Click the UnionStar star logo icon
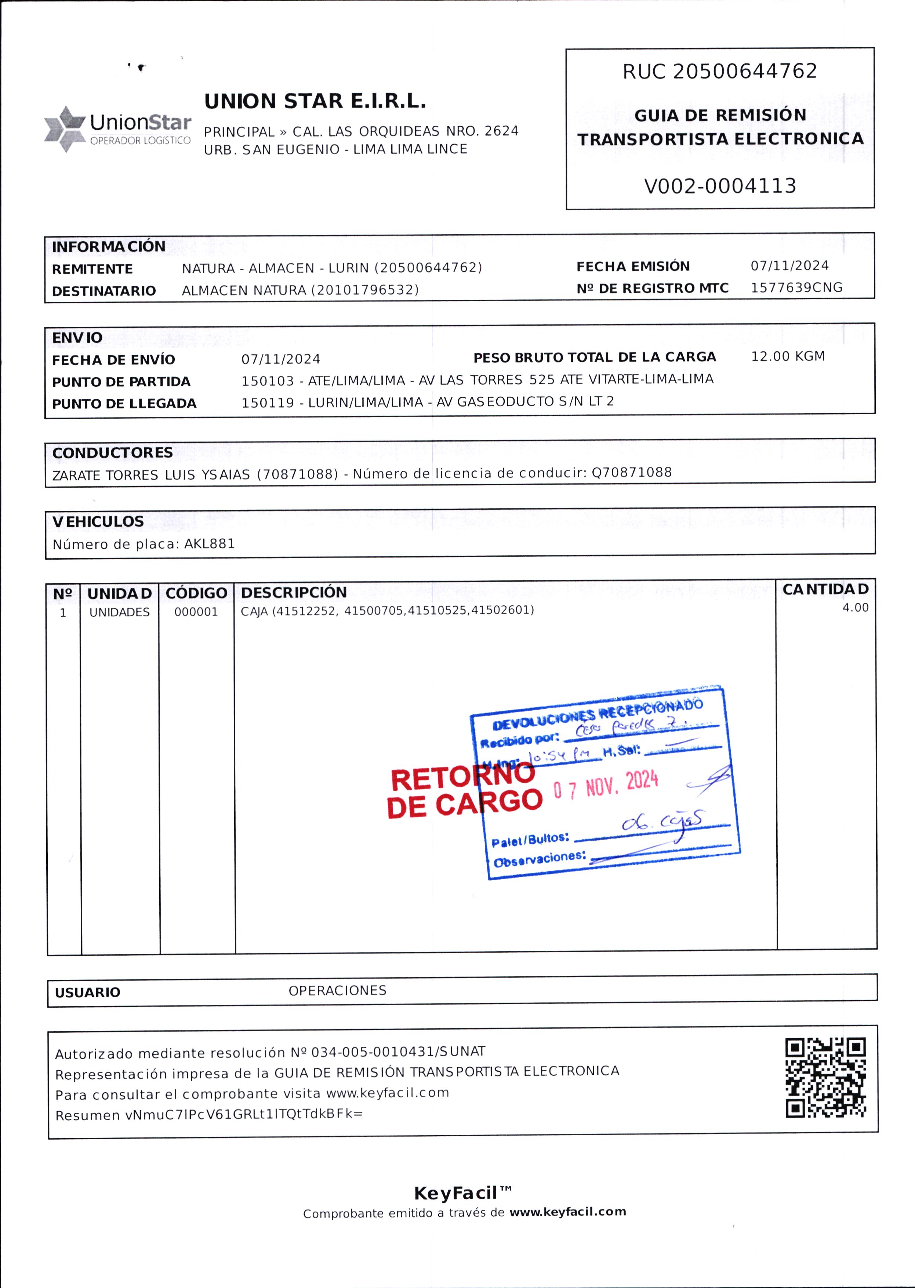click(x=65, y=129)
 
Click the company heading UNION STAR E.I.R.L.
click(x=315, y=101)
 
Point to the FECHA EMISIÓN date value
click(x=789, y=266)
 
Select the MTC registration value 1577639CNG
click(x=796, y=288)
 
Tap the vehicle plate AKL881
click(x=209, y=544)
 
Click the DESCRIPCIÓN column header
click(x=294, y=592)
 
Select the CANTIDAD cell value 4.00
click(x=855, y=608)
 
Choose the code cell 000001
click(x=196, y=612)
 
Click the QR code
click(x=825, y=1078)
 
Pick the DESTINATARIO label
click(x=104, y=291)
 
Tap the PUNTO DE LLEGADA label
click(x=124, y=404)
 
